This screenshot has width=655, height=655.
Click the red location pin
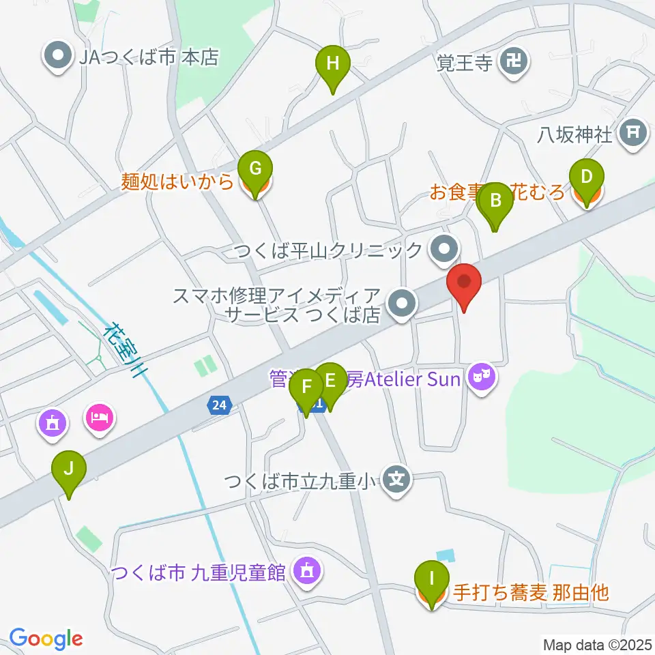[464, 285]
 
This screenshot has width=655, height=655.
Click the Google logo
[46, 639]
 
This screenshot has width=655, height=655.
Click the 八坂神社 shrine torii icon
[632, 133]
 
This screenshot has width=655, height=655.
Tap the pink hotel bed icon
[101, 416]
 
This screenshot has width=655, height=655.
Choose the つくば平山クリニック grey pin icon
[445, 249]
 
